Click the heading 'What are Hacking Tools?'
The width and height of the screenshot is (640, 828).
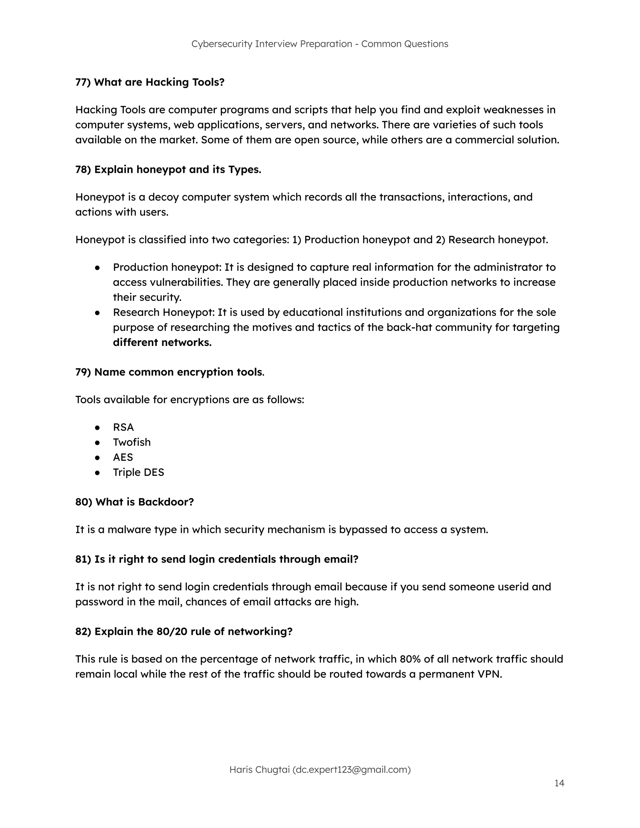click(x=159, y=82)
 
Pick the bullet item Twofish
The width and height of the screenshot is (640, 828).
click(x=132, y=442)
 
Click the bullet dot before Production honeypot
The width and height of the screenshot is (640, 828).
click(x=97, y=268)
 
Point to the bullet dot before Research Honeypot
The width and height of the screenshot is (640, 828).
click(x=97, y=313)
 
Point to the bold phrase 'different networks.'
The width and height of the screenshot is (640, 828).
click(x=162, y=342)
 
